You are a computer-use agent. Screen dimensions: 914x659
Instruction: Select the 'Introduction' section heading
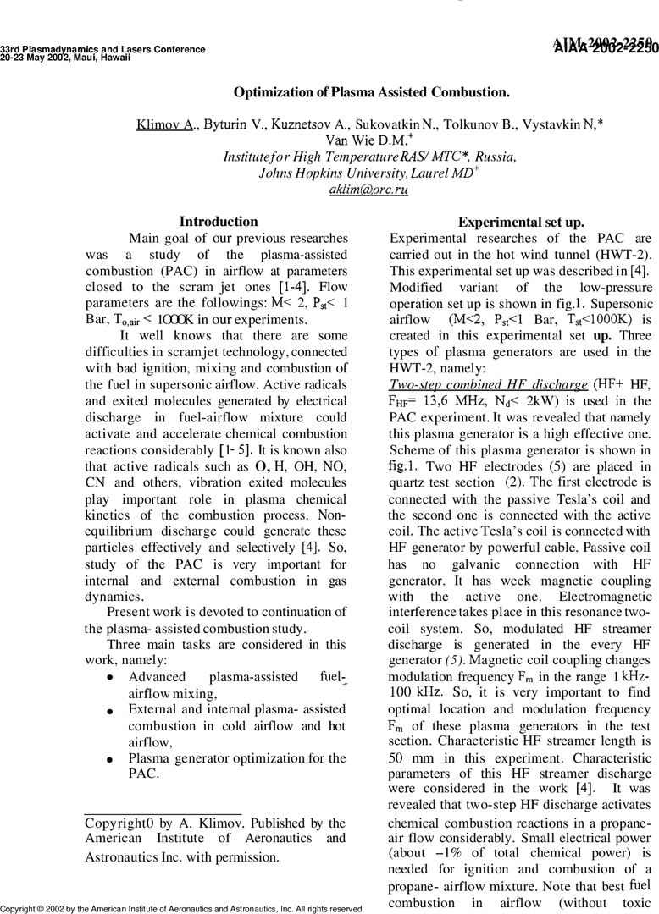click(219, 222)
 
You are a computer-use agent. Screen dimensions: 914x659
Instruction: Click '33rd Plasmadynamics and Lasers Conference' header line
click(102, 49)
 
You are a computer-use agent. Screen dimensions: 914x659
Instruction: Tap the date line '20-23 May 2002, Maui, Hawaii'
click(65, 58)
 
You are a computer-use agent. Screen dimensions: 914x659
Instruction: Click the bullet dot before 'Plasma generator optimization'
click(112, 759)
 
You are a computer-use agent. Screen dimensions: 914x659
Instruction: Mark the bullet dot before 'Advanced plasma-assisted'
click(112, 679)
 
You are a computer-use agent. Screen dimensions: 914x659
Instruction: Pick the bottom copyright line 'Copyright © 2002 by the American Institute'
click(182, 909)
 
